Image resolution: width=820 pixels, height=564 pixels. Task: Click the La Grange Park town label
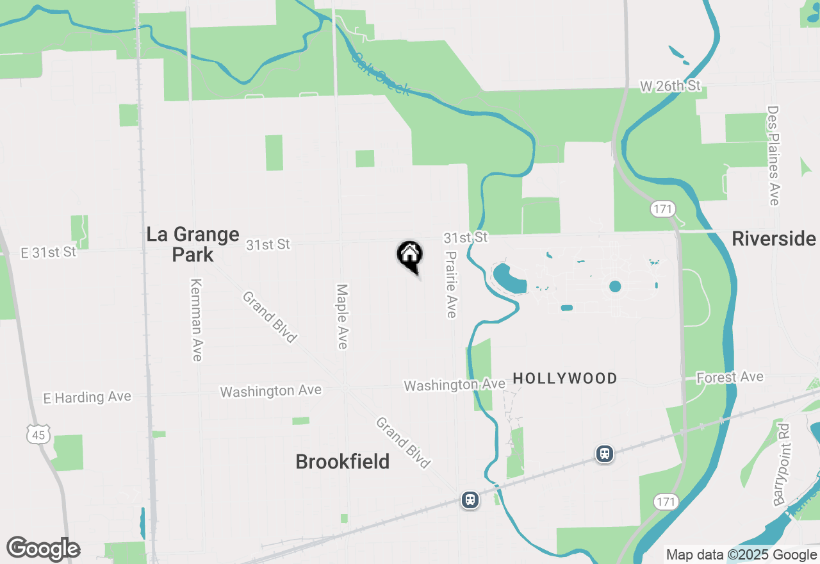(192, 244)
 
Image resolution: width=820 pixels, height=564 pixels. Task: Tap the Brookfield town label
(342, 461)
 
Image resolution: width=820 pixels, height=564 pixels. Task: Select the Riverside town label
(773, 239)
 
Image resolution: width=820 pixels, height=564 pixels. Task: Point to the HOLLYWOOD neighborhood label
(565, 379)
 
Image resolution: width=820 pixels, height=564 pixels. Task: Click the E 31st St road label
(49, 253)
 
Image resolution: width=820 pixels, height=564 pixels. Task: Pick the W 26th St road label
(670, 86)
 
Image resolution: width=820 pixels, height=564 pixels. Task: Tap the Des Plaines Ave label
(773, 156)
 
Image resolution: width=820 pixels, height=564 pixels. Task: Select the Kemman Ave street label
(197, 320)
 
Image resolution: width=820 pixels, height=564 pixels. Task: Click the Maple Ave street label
(342, 317)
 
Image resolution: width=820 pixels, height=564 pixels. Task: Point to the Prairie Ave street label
(451, 284)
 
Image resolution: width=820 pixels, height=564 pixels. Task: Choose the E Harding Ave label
(87, 397)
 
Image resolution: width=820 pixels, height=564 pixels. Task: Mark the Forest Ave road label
(730, 377)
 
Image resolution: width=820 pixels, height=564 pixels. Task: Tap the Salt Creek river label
(380, 74)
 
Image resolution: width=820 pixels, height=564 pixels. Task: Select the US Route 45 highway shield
(37, 435)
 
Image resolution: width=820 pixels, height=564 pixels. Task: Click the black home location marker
(409, 255)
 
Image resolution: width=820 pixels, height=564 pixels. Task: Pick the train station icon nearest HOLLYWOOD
(604, 454)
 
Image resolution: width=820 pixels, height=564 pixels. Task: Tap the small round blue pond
(615, 286)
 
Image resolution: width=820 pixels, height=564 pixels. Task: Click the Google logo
(43, 549)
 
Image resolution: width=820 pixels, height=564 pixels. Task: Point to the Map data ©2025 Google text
(741, 555)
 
